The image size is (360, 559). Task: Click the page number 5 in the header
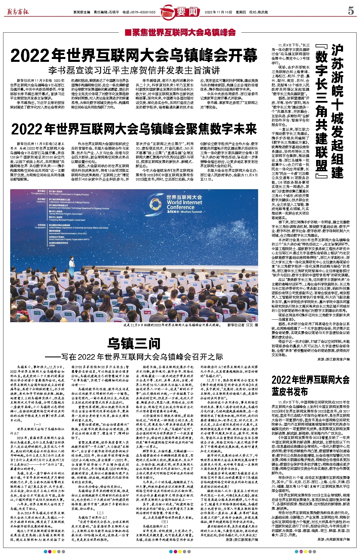pyautogui.click(x=351, y=11)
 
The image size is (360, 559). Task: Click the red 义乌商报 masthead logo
pyautogui.click(x=18, y=12)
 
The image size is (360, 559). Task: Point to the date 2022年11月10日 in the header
pyautogui.click(x=218, y=12)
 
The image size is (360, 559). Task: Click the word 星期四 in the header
pyautogui.click(x=241, y=12)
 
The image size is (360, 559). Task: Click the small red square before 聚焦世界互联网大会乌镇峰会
pyautogui.click(x=128, y=33)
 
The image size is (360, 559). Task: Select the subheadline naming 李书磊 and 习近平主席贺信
pyautogui.click(x=134, y=70)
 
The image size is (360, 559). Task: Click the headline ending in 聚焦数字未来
pyautogui.click(x=134, y=129)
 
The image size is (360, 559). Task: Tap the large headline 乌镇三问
pyautogui.click(x=134, y=344)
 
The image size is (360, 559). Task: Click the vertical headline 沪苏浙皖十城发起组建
pyautogui.click(x=337, y=111)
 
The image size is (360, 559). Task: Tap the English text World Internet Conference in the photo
pyautogui.click(x=185, y=204)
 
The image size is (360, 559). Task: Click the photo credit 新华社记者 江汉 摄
pyautogui.click(x=243, y=325)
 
